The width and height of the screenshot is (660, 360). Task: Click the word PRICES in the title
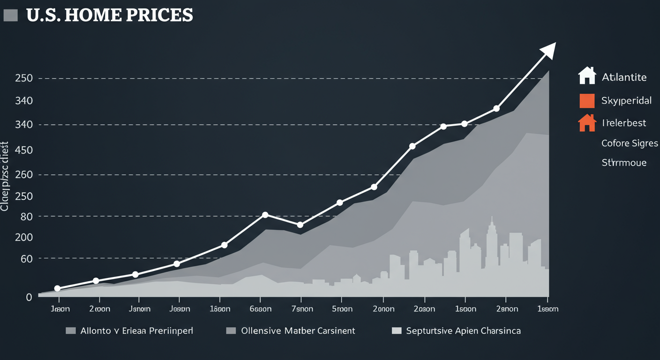(160, 15)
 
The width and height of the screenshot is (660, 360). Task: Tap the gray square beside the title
(10, 15)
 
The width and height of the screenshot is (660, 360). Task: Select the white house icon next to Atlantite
(587, 76)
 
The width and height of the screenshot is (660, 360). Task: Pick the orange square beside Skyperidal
(587, 100)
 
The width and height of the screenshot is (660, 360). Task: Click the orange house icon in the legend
(587, 123)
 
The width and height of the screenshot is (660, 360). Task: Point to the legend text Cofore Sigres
(630, 143)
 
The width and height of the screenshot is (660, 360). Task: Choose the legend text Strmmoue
(623, 163)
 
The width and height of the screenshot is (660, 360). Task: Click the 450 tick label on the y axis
(23, 150)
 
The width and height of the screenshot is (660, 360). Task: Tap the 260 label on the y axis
(23, 175)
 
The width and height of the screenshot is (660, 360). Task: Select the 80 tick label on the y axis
(26, 217)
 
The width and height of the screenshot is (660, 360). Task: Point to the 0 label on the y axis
(29, 297)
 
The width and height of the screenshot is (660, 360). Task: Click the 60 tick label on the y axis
(26, 259)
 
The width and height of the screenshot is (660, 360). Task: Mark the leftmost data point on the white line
(58, 288)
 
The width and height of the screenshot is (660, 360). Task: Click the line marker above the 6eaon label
(265, 215)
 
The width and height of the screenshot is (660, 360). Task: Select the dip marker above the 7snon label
(300, 225)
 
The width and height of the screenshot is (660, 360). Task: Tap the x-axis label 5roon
(341, 309)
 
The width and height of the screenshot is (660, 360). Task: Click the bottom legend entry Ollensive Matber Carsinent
(298, 331)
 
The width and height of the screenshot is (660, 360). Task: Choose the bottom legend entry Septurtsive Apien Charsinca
(463, 331)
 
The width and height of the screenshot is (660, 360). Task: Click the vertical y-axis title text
(5, 176)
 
